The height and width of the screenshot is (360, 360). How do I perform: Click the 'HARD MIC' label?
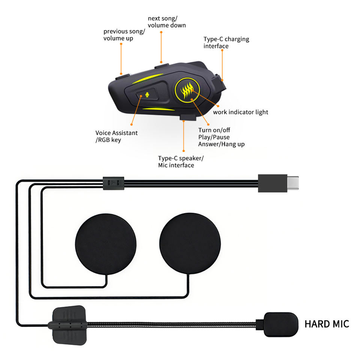click(327, 324)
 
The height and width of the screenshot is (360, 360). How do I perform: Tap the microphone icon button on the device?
click(147, 95)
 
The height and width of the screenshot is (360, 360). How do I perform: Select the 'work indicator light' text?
click(240, 112)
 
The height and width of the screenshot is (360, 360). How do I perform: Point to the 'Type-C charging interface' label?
click(226, 42)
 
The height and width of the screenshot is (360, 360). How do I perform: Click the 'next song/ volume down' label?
click(166, 22)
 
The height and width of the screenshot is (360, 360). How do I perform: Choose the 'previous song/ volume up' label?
click(124, 35)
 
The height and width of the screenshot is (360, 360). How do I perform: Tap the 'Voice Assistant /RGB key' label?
click(116, 136)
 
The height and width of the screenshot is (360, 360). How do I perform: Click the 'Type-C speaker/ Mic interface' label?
click(181, 162)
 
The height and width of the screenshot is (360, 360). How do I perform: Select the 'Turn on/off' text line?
click(214, 130)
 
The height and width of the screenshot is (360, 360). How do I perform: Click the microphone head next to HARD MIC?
click(281, 324)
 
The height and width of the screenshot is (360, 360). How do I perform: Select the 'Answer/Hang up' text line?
click(221, 144)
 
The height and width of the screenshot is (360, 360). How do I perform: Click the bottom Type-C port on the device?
click(187, 118)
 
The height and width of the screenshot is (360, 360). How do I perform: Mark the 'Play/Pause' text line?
click(214, 137)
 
